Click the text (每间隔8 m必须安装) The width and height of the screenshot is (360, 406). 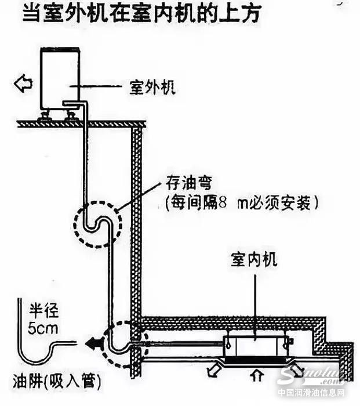click(x=243, y=203)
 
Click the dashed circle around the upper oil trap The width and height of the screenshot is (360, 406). click(x=97, y=223)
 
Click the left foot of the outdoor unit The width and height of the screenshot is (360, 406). click(x=45, y=117)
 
